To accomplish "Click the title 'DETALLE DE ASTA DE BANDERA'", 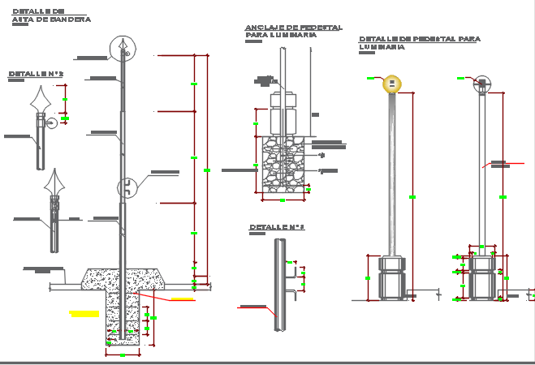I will tap(50, 15).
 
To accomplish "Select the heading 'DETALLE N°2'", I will tap(36, 74).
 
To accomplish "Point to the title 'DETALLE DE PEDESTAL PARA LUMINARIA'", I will tap(419, 43).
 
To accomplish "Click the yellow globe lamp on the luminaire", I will tap(392, 84).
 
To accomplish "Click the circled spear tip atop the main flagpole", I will tap(121, 49).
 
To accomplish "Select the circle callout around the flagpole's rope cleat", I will tap(127, 187).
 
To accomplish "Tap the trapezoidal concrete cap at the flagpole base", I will tap(123, 277).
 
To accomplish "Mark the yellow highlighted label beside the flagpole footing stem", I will tap(84, 313).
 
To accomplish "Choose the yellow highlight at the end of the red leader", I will tap(183, 299).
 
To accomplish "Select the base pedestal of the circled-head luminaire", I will tap(482, 276).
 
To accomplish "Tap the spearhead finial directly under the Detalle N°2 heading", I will tap(42, 101).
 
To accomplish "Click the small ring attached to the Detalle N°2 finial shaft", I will tap(51, 123).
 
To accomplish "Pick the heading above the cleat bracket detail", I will tap(276, 227).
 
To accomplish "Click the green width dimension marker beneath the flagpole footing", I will tap(122, 355).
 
